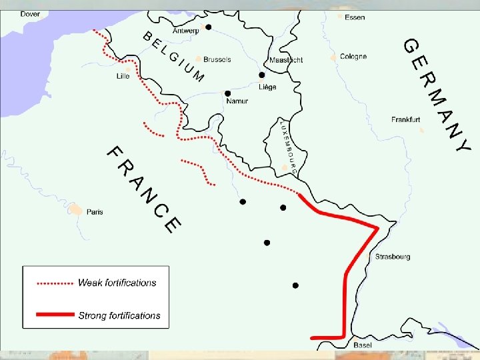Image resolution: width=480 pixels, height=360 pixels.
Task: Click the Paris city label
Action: pos(95,212)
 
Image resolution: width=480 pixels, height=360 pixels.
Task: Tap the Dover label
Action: pos(30,13)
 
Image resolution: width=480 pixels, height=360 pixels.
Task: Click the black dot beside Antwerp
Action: pos(208,27)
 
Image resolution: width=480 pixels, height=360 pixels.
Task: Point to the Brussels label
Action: pos(217,59)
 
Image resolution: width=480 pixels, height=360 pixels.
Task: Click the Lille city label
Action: pos(123,76)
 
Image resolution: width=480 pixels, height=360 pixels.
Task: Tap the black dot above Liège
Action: pos(262,75)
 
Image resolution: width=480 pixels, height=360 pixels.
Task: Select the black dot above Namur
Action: pos(228,93)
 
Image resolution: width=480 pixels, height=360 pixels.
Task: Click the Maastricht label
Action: pos(286,60)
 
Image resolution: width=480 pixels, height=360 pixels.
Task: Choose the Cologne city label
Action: pos(353,57)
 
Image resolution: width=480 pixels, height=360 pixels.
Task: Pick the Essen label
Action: pos(355,17)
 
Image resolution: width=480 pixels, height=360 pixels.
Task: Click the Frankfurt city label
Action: pos(405,120)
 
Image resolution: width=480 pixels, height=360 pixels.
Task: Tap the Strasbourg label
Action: pos(393,257)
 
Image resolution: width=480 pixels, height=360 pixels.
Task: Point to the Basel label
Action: pos(363,345)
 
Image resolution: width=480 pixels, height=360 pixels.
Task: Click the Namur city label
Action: pos(237,101)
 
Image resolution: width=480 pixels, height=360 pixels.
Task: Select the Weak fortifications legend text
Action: pos(117,283)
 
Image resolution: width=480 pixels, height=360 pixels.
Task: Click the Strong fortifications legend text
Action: pos(119,315)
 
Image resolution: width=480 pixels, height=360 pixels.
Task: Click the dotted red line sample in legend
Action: pos(55,283)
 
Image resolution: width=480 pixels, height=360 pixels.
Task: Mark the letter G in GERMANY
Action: pos(411,46)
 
